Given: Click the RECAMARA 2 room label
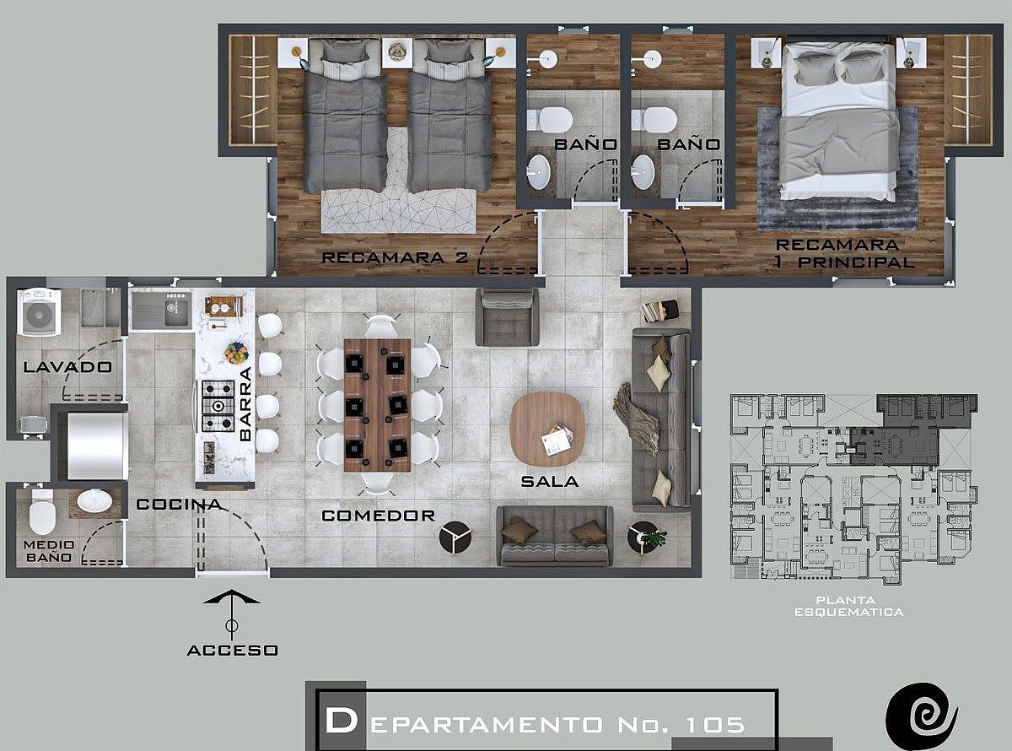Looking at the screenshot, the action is point(395,257).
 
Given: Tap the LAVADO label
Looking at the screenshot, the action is point(67,366).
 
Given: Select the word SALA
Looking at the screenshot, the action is point(550,481).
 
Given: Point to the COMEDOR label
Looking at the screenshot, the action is point(379,516).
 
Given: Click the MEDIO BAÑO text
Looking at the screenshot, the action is point(49,551).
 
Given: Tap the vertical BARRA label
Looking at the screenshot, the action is point(245,403).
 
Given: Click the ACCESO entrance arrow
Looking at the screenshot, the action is point(232,614).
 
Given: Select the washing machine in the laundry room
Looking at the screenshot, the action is point(40,312).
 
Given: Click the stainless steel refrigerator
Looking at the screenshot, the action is point(97,446).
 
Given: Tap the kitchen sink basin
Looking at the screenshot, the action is point(176,310).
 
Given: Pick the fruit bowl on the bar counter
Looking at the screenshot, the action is point(236,352).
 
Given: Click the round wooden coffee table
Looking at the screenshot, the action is point(547,430).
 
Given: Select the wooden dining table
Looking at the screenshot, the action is point(377,405).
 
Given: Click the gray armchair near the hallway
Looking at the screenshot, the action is point(507,316).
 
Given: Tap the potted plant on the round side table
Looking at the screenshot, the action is point(654,538).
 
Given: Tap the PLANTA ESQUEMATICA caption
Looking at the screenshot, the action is point(848,606).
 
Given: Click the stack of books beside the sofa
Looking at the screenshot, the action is point(659,311).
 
